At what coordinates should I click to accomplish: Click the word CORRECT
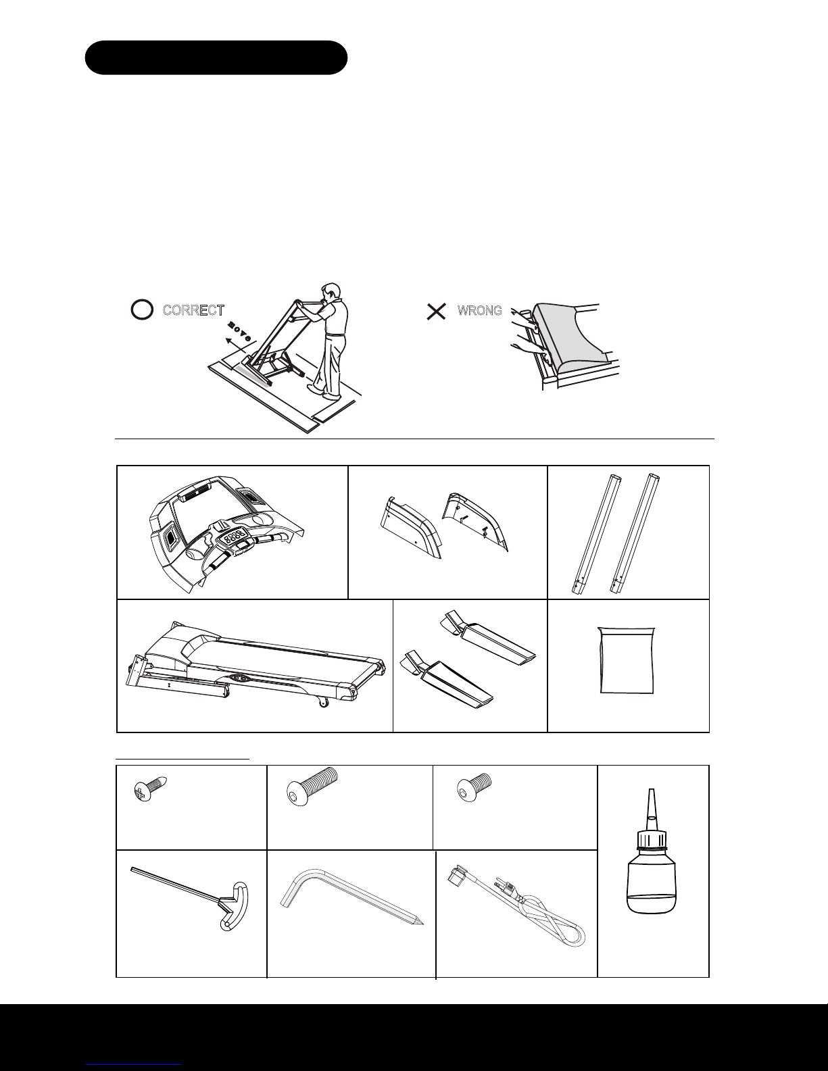coord(193,310)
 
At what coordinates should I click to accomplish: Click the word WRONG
coord(479,311)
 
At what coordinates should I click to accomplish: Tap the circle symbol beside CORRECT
coord(142,310)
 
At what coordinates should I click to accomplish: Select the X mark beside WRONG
coord(436,312)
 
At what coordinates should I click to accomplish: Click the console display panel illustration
coord(226,534)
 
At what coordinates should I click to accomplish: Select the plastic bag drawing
coord(627,660)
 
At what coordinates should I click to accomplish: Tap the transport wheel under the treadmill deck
coord(324,702)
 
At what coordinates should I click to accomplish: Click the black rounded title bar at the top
coord(216,57)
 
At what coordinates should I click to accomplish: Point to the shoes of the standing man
coord(325,393)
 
